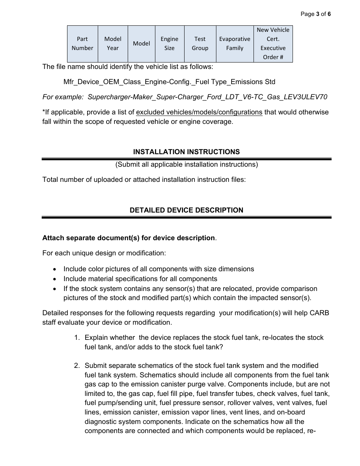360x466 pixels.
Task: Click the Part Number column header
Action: (82, 44)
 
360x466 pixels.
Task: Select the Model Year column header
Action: (113, 44)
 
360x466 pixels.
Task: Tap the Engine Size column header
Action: (169, 44)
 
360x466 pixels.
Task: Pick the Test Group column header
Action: (200, 44)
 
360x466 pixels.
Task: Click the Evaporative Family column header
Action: (235, 44)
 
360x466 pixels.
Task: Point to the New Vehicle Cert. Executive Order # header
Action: (273, 44)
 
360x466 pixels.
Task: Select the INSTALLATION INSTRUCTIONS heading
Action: (186, 152)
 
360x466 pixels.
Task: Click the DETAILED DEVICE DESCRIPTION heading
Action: (186, 210)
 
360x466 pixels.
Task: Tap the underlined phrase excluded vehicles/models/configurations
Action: (199, 112)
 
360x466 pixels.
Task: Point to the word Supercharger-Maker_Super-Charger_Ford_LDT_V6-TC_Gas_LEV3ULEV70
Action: (207, 97)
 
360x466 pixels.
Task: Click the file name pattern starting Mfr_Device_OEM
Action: (169, 82)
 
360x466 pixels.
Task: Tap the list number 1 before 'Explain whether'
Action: (77, 338)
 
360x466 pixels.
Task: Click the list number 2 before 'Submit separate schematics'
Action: (77, 366)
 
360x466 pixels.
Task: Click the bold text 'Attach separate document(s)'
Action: (128, 238)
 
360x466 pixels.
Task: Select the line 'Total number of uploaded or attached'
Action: (144, 180)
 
